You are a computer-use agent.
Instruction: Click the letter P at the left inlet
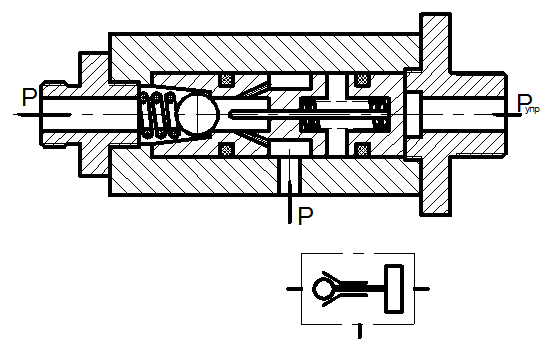click(29, 97)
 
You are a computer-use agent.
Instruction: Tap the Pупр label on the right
click(528, 103)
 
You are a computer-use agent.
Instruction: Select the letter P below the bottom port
click(306, 216)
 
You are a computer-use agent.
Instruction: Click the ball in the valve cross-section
click(199, 114)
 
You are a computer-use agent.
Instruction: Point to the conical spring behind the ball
click(158, 115)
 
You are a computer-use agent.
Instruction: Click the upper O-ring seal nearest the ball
click(226, 80)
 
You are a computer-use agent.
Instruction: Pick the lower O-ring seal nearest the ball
click(226, 149)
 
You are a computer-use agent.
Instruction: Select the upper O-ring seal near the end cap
click(362, 80)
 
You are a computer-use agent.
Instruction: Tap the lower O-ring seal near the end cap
click(362, 149)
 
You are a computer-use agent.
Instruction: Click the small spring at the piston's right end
click(381, 114)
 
